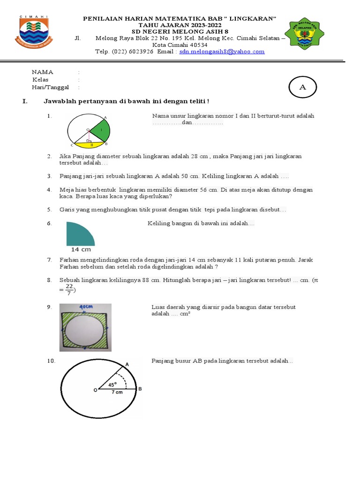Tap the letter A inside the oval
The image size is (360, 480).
coord(302,87)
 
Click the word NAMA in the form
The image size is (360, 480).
coord(42,72)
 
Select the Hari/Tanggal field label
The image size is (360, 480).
coord(50,87)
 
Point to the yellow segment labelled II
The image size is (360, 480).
coord(92,145)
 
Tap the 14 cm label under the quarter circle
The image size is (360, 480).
coord(81,249)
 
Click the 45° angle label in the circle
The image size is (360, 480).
coord(112,384)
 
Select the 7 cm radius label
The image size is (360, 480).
coord(117,392)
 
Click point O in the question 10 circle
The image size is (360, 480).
coord(96,390)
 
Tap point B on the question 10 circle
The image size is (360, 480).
coord(140,389)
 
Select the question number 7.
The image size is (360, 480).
coord(49,260)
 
